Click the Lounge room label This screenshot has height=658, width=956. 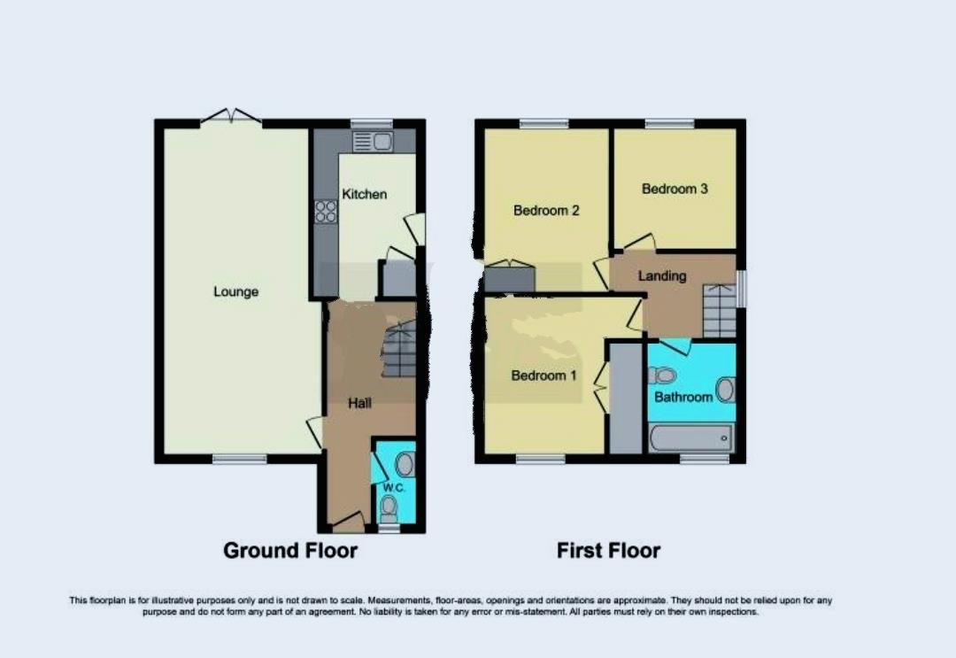tap(235, 291)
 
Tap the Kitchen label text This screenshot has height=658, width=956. tap(365, 194)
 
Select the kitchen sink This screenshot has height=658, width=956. tap(372, 141)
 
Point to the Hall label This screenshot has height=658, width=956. tap(359, 403)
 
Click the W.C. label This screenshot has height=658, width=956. tap(392, 488)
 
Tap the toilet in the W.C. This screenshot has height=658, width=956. tap(389, 507)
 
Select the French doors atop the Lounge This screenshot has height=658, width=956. tap(230, 117)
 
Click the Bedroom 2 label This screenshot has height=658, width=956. tap(546, 211)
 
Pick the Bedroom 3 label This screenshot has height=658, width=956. tap(675, 189)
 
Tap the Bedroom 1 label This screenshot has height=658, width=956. tap(544, 375)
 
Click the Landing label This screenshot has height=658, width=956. tap(662, 275)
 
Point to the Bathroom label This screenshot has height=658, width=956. tap(683, 397)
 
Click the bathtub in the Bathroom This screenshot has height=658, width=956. tap(691, 437)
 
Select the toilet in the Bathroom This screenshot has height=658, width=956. tap(662, 375)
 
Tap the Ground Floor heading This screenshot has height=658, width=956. tap(290, 550)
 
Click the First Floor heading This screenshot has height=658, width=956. tap(608, 550)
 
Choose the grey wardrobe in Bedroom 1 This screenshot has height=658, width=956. tap(625, 399)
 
